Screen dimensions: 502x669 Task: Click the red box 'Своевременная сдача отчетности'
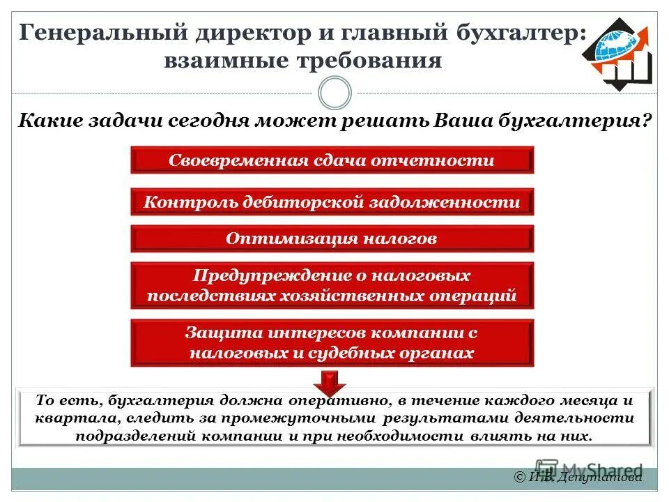pos(332,160)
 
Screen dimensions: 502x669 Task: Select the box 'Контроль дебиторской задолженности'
pos(332,202)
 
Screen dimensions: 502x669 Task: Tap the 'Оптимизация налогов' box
pos(332,238)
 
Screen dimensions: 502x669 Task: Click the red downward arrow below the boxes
pos(330,382)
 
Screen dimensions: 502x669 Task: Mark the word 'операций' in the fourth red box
pos(480,296)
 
